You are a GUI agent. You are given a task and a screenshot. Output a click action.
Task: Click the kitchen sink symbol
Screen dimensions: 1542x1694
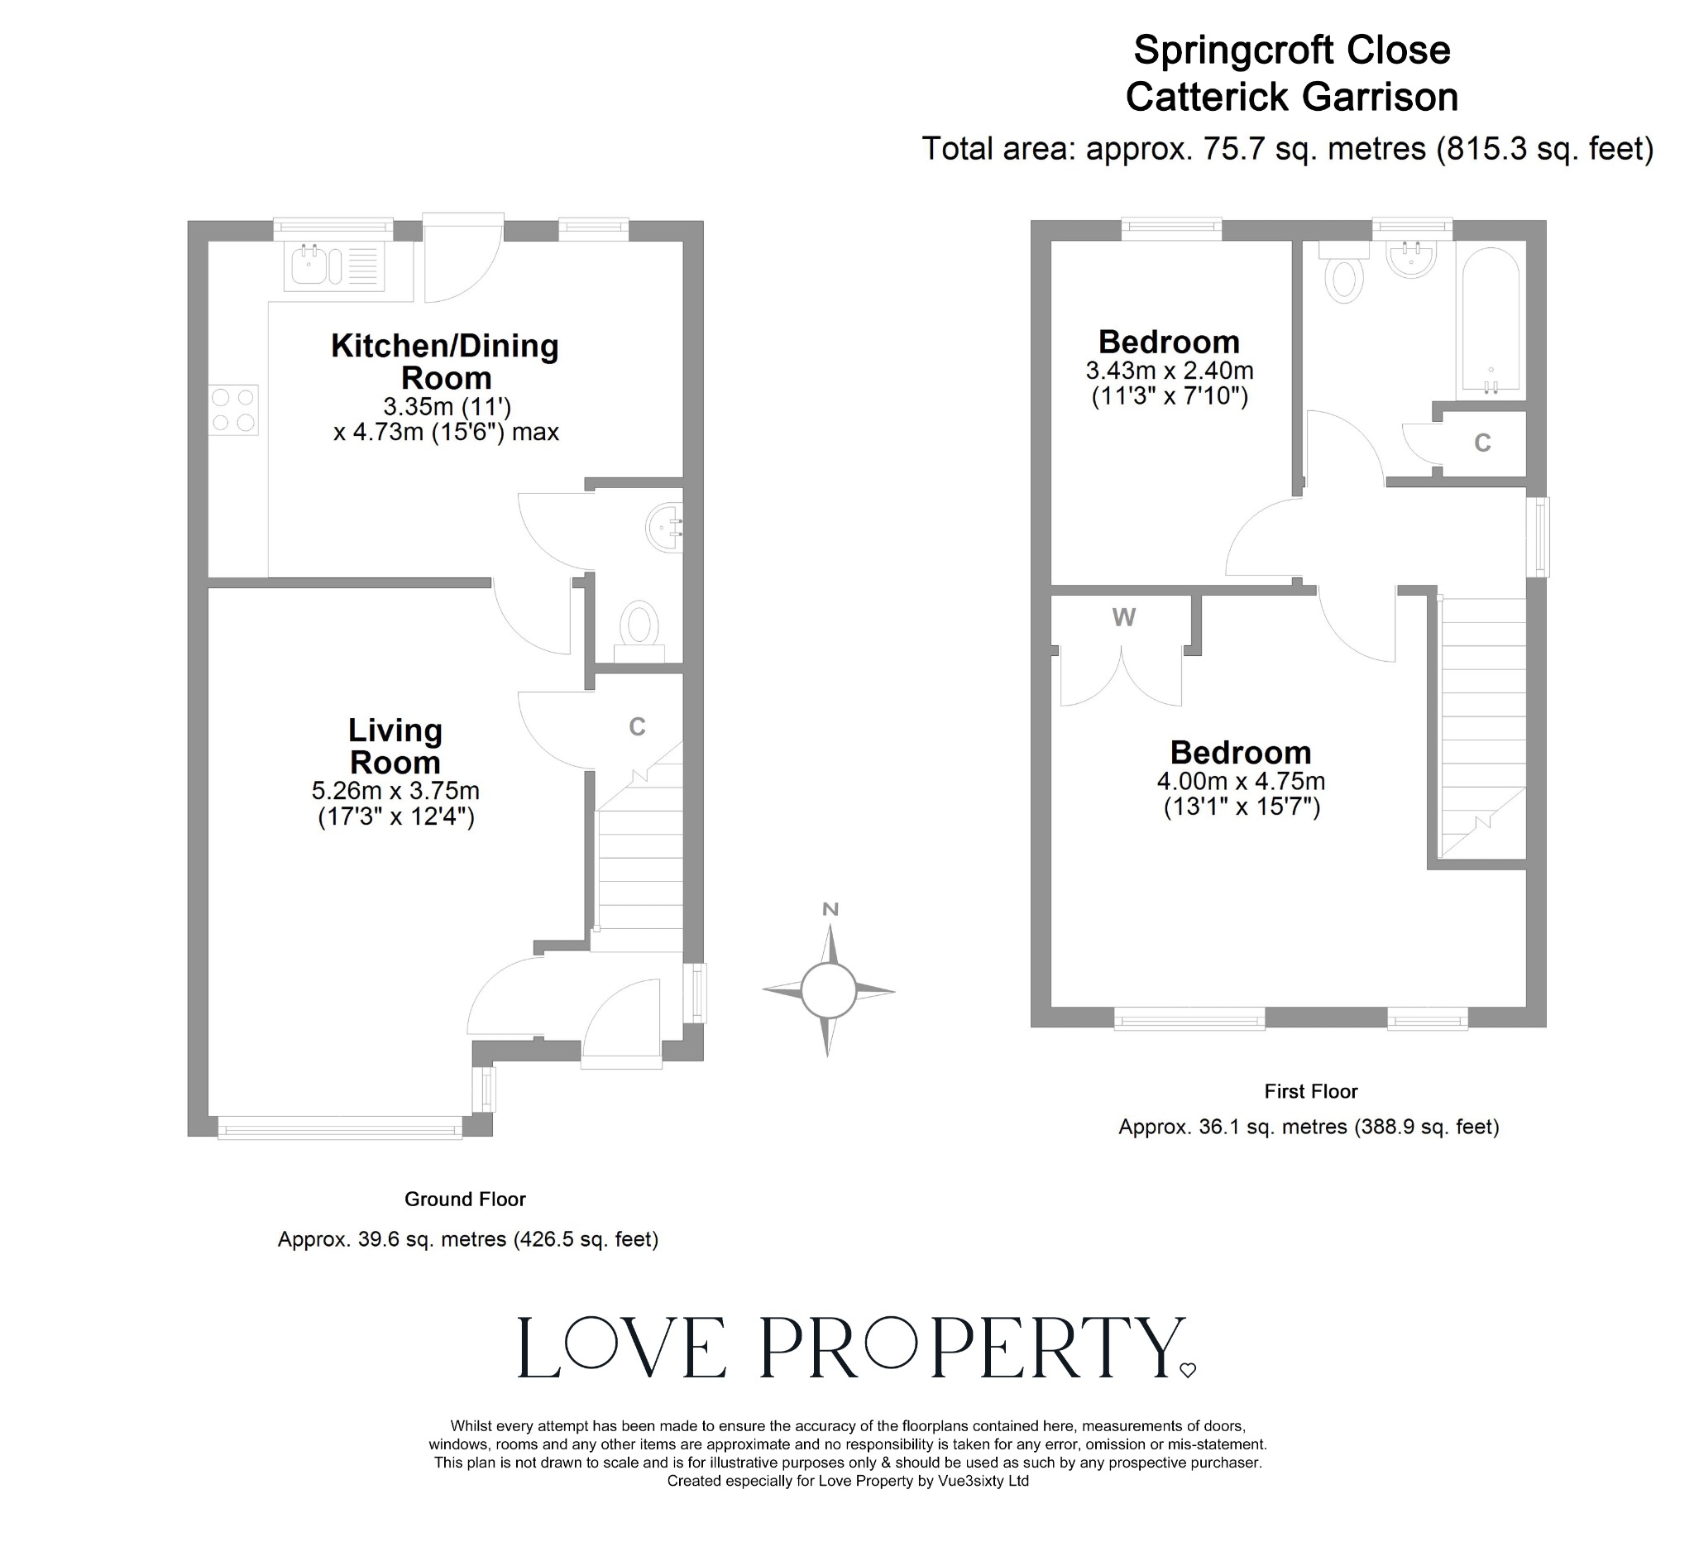click(x=334, y=266)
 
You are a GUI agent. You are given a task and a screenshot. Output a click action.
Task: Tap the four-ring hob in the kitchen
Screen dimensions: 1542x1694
click(x=233, y=409)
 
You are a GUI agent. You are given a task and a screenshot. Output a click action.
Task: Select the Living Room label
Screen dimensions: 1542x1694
click(x=395, y=746)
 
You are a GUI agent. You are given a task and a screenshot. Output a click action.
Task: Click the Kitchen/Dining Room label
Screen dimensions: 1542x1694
click(x=444, y=362)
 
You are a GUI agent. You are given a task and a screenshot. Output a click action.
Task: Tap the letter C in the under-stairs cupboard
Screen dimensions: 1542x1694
click(x=637, y=727)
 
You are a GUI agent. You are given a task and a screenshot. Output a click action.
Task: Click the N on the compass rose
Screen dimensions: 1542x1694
click(x=830, y=909)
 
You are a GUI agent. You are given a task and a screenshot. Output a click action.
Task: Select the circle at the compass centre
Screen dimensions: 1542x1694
click(x=828, y=991)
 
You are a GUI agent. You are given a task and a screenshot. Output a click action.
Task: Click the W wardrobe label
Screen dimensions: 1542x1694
click(x=1123, y=618)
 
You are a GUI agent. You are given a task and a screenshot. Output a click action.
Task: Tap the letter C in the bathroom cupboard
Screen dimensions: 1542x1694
click(x=1482, y=443)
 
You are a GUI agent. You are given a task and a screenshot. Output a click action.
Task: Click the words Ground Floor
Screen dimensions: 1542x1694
click(x=465, y=1200)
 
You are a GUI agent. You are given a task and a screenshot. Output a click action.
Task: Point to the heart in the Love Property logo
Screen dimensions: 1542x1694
click(x=1187, y=1371)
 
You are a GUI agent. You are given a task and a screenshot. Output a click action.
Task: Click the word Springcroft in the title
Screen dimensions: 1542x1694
click(x=1232, y=50)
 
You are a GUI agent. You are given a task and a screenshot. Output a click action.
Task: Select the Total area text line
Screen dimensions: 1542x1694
click(x=1287, y=149)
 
